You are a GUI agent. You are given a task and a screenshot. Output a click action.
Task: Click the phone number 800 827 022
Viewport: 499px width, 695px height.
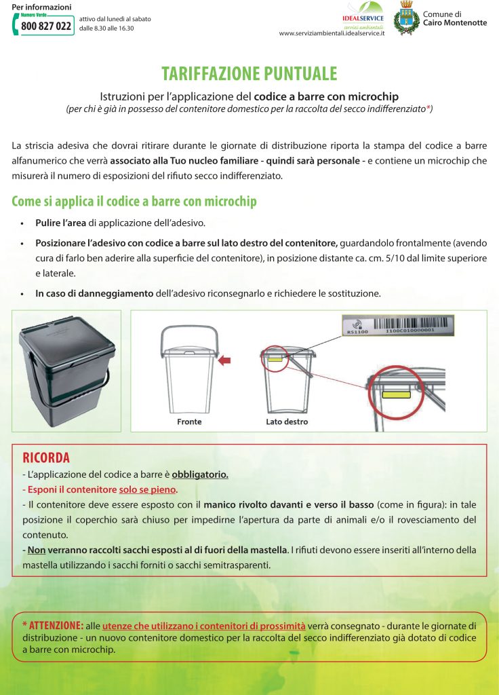tap(46, 26)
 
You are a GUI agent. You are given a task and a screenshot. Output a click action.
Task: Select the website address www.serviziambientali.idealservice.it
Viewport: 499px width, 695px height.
tap(332, 33)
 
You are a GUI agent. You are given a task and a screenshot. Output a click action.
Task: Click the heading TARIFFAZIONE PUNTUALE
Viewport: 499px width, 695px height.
tap(249, 74)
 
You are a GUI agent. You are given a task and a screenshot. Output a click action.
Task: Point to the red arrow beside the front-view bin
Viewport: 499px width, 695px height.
tap(224, 362)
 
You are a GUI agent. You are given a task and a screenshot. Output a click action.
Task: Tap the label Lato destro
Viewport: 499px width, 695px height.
tap(287, 421)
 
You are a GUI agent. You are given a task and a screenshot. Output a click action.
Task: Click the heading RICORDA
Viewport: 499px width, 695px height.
tap(46, 458)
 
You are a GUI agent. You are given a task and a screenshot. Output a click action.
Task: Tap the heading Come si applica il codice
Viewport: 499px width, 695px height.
tap(134, 202)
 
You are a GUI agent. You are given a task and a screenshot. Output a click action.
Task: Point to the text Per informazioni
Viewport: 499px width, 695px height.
tap(41, 7)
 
